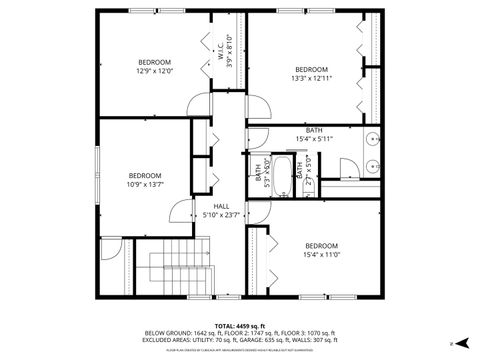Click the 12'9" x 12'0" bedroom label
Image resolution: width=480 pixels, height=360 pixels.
pyautogui.click(x=154, y=67)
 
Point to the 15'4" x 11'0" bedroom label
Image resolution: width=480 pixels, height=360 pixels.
pyautogui.click(x=321, y=251)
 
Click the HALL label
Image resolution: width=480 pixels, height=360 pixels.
pyautogui.click(x=221, y=209)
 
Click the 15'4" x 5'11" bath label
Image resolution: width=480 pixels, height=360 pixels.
pyautogui.click(x=314, y=135)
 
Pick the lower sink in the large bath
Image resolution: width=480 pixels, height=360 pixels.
pyautogui.click(x=371, y=166)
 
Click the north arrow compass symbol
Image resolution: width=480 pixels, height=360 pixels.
pyautogui.click(x=452, y=342)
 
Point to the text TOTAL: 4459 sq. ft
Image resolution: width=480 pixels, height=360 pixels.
pyautogui.click(x=240, y=325)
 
